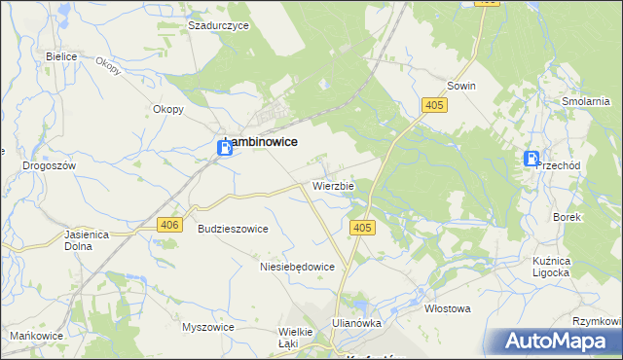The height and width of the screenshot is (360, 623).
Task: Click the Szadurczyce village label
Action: click(219, 24)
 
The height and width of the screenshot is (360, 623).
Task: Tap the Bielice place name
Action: click(61, 56)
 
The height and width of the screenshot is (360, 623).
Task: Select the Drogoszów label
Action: click(49, 165)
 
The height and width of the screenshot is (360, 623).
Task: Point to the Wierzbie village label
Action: click(333, 184)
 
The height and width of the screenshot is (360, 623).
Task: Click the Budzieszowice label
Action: click(233, 228)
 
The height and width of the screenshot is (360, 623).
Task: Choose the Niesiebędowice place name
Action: click(298, 266)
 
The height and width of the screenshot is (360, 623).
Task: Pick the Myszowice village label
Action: click(208, 327)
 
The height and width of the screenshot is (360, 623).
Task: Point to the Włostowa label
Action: click(448, 308)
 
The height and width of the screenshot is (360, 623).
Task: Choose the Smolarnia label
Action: click(586, 100)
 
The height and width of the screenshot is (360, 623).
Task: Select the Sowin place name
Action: click(461, 86)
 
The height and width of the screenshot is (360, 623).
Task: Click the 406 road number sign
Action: click(168, 225)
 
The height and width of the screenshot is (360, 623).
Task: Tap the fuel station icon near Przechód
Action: click(531, 160)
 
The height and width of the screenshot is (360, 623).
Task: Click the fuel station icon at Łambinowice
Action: click(224, 148)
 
